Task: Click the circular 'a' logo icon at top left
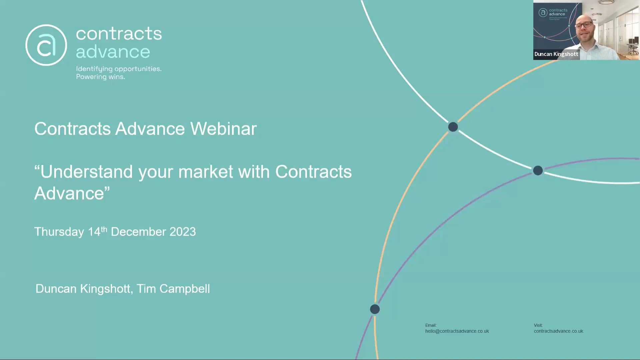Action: tap(46, 45)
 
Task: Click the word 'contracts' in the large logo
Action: tap(119, 34)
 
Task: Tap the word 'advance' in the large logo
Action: tap(113, 52)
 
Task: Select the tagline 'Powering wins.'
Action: tap(100, 77)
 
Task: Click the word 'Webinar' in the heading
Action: tap(223, 129)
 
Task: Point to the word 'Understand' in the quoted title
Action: tap(86, 172)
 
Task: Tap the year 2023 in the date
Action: tap(182, 232)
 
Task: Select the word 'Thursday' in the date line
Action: tap(59, 232)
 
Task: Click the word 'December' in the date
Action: tap(138, 232)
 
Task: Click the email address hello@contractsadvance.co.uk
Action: tap(457, 331)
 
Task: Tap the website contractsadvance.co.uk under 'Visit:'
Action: tap(558, 331)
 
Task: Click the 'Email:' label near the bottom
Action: tap(431, 325)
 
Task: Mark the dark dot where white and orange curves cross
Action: tap(453, 127)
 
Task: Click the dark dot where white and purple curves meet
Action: tap(538, 171)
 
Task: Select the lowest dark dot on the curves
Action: tap(375, 309)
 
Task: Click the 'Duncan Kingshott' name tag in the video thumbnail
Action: tap(556, 54)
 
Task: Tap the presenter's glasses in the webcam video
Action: tap(583, 25)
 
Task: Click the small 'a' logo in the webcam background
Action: tap(543, 13)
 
